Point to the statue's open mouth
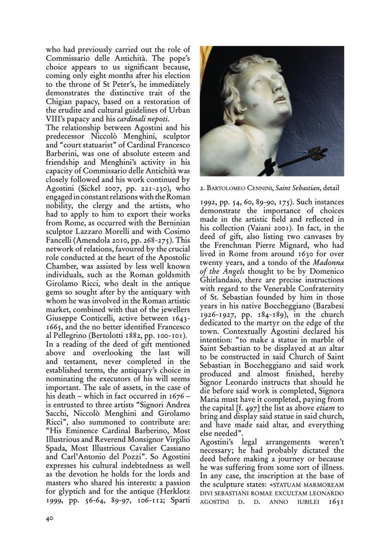tap(281, 99)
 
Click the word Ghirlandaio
tap(218, 280)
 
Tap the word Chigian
tap(58, 101)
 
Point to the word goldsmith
tap(173, 275)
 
